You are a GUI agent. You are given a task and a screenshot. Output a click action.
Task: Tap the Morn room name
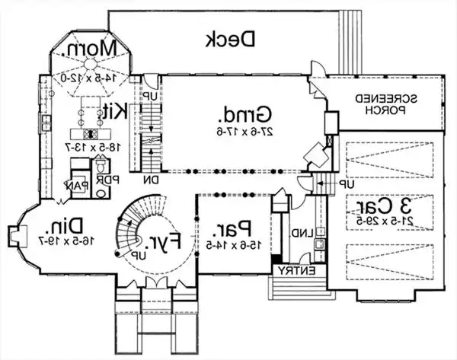(91, 50)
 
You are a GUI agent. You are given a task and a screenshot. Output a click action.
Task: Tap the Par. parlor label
(235, 226)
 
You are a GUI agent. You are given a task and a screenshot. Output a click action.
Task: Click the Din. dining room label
(59, 227)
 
